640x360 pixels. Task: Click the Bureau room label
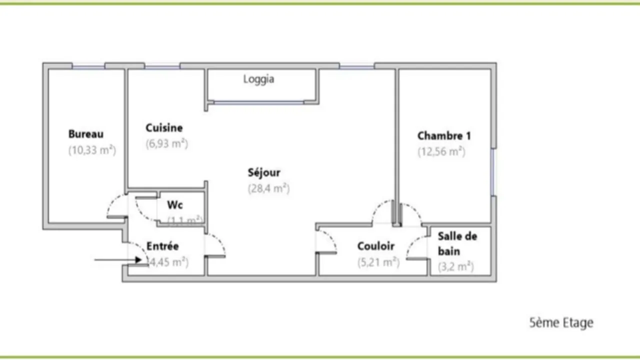click(x=85, y=134)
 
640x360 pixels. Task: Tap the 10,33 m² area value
click(x=92, y=150)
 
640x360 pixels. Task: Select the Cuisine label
click(x=164, y=128)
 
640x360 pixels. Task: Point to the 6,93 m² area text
click(x=166, y=144)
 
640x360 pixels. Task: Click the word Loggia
click(x=258, y=79)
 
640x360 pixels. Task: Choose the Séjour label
click(x=264, y=172)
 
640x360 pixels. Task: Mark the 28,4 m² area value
click(x=268, y=188)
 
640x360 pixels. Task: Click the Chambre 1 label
click(x=444, y=135)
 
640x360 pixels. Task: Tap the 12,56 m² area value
click(x=441, y=151)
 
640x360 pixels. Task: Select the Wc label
click(x=174, y=205)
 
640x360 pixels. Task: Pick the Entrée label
click(x=162, y=246)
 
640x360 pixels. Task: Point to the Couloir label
click(x=375, y=246)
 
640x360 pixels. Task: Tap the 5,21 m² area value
click(x=378, y=262)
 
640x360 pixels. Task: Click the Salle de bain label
click(x=457, y=243)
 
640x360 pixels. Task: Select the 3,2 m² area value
click(x=455, y=267)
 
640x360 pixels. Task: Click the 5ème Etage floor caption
click(x=561, y=322)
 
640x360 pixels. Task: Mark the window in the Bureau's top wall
click(x=88, y=65)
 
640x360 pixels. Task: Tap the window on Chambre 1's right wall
click(x=493, y=171)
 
